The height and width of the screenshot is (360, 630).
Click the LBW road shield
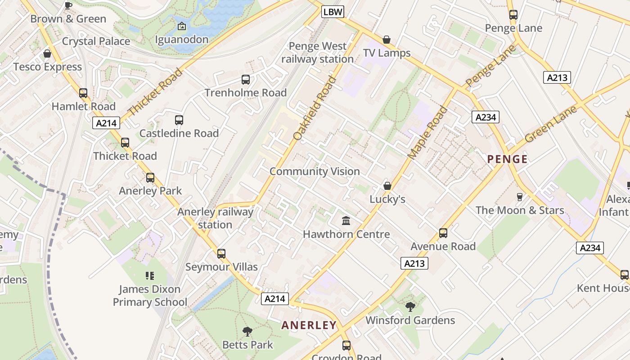coord(333,12)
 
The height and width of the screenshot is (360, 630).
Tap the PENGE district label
coord(508,159)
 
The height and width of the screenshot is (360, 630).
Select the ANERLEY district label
coord(309,325)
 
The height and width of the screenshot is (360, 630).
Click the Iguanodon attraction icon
coord(181,27)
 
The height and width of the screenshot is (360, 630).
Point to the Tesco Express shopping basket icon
coord(47,54)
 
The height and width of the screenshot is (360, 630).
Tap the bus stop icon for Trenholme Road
coord(246,80)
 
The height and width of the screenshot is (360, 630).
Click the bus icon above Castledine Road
coord(179,120)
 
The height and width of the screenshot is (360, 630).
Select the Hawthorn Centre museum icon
coord(346,221)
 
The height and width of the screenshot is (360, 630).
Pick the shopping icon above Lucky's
coord(387,186)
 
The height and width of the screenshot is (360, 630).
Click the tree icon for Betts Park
coord(247,332)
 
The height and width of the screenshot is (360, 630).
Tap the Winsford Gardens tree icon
coord(410,307)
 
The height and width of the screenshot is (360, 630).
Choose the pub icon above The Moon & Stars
coord(520,197)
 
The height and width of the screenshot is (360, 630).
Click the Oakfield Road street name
coord(315,108)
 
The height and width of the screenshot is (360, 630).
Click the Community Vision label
coord(315,171)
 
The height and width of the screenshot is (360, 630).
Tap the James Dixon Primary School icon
coord(150,275)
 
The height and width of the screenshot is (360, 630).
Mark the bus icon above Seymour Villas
coord(221,253)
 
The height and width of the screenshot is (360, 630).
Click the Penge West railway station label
coord(317,53)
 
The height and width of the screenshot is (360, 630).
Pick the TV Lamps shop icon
coord(386,40)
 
